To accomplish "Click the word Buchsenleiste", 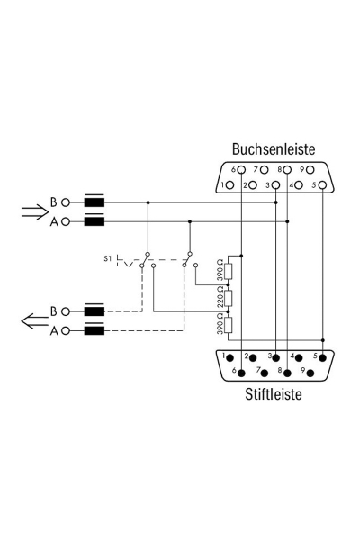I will pos(273,149).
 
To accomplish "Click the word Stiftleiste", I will pos(273,393).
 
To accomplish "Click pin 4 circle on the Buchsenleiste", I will pos(299,185).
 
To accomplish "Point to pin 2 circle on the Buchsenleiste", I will pos(253,185).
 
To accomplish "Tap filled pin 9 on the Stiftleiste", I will pos(310,372).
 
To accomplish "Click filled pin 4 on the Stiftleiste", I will pos(299,357).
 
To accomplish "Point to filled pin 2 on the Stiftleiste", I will pos(253,357).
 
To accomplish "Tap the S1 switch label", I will pos(108,259).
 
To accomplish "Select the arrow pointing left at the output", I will pos(32,320).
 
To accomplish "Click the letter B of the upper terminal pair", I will pos(53,202).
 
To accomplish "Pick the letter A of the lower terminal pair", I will pos(53,331).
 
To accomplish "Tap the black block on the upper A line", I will pos(94,220).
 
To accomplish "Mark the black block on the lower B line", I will pos(94,311).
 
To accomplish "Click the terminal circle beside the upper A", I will pos(67,221).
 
